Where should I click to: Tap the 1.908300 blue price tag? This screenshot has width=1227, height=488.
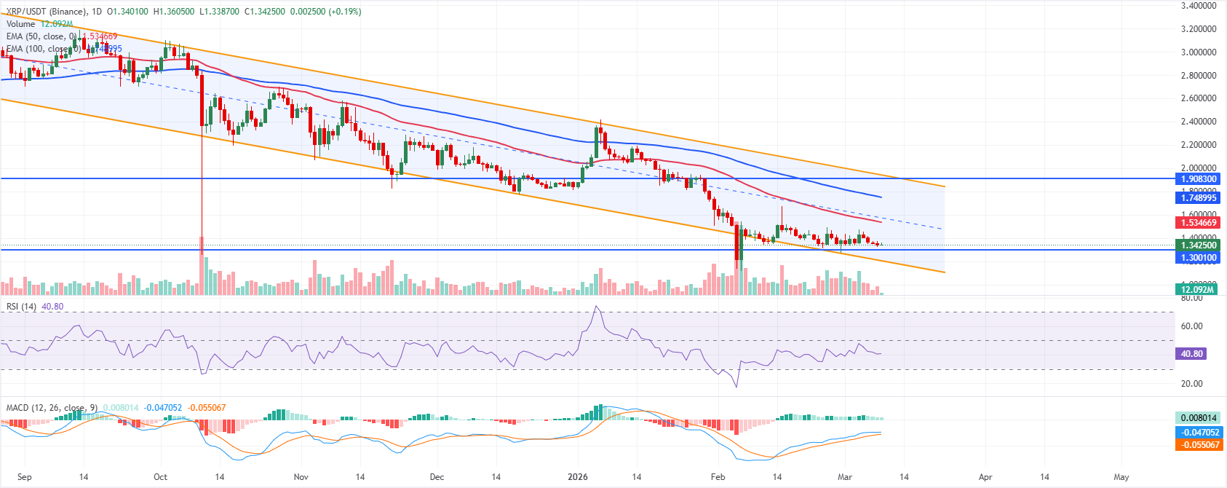coord(1197,178)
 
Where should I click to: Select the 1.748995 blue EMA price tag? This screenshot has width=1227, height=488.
coord(1197,197)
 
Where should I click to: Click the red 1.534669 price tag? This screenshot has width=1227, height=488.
coord(1197,222)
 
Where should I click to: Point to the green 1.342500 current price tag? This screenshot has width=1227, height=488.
coord(1197,245)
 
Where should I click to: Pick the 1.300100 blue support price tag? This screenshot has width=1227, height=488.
coord(1197,257)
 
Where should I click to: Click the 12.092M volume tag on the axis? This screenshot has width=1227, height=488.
coord(1197,290)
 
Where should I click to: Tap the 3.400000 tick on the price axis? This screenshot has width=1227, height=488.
coord(1197,6)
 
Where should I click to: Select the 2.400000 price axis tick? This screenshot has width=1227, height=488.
coord(1197,122)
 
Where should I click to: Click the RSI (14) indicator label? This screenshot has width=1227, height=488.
coord(21,307)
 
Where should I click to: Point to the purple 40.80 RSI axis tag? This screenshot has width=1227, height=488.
coord(1191,353)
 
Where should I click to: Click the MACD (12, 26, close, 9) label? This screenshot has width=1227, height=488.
coord(52,408)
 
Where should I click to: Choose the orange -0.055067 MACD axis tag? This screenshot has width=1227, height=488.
coord(1197,444)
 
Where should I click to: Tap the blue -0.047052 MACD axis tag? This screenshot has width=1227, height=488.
coord(1197,432)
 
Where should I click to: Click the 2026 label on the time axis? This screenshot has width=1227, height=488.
coord(577,477)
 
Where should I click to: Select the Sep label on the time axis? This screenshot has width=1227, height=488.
coord(24,477)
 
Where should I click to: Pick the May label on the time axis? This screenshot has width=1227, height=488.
coord(1121,477)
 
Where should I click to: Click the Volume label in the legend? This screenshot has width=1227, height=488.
coord(20,24)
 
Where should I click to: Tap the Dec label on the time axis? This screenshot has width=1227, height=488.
coord(437,477)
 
